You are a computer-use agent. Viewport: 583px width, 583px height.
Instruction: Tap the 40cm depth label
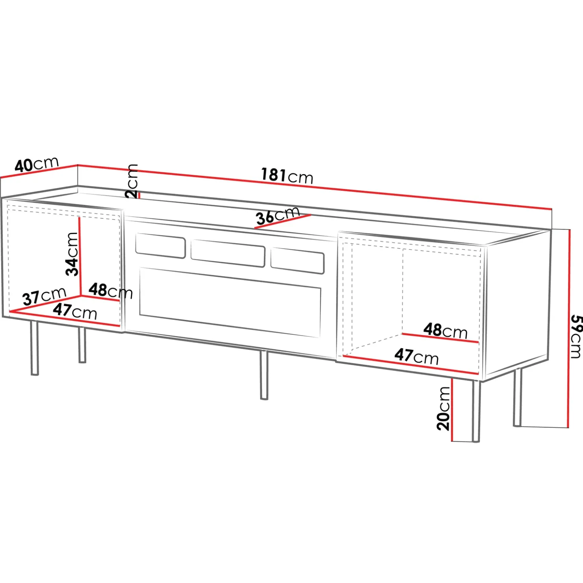click(37, 164)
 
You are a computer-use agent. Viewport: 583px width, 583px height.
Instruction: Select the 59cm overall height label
click(576, 336)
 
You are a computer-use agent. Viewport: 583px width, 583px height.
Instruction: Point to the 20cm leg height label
click(443, 408)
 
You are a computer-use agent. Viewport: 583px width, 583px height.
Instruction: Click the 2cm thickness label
click(132, 181)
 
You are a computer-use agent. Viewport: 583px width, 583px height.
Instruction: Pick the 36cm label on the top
click(278, 216)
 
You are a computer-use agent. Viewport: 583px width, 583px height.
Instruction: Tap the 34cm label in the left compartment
click(72, 254)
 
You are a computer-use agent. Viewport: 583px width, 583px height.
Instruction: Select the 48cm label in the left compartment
click(111, 291)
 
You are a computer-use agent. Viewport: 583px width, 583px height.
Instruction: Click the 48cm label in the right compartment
click(446, 331)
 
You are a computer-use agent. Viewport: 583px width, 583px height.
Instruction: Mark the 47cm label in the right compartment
click(417, 356)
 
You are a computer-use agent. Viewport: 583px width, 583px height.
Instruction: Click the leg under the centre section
click(264, 375)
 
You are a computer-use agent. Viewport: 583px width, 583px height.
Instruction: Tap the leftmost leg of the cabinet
click(35, 348)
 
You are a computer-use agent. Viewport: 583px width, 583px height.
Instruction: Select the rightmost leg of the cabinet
click(518, 398)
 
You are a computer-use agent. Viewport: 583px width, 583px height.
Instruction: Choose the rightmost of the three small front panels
click(297, 261)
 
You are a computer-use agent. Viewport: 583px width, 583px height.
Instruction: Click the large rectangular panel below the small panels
click(230, 302)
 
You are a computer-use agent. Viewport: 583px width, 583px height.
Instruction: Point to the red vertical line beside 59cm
click(568, 329)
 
